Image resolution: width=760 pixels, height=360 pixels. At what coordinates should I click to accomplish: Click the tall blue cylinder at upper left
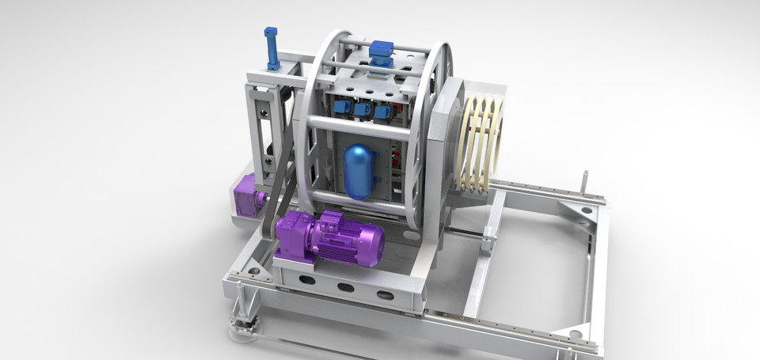click(x=272, y=48)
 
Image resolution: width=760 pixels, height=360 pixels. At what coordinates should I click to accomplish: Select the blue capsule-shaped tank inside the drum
click(x=359, y=171)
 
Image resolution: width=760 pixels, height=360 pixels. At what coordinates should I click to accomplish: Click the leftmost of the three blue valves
click(x=343, y=107)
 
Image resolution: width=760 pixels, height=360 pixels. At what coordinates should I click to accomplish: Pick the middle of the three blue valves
click(x=364, y=110)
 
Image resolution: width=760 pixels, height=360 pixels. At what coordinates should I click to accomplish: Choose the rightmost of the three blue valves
click(x=383, y=112)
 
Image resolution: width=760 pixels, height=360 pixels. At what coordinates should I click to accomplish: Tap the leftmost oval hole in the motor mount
click(x=307, y=279)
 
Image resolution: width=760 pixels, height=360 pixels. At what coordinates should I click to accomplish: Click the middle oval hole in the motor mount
click(x=346, y=287)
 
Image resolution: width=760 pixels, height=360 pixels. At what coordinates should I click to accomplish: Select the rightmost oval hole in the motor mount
click(x=385, y=295)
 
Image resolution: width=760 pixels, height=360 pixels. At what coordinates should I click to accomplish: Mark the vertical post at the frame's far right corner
click(x=584, y=183)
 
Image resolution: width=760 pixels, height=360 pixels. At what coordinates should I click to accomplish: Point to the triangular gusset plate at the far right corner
click(x=577, y=210)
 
